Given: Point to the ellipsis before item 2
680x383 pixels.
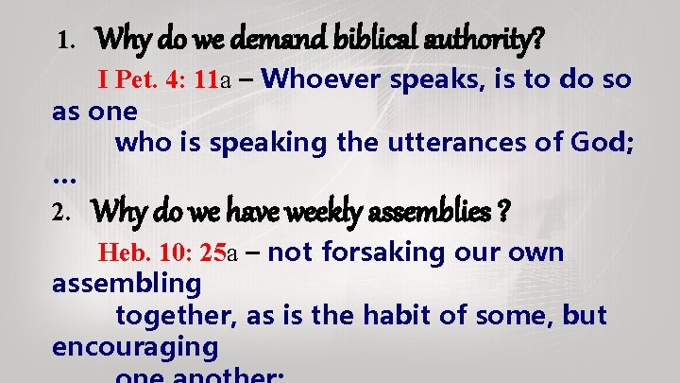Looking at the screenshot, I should click(65, 178).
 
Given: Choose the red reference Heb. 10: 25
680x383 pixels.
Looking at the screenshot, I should click(161, 253).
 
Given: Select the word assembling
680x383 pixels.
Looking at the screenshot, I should click(127, 284).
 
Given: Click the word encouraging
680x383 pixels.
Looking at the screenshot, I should click(135, 347).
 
